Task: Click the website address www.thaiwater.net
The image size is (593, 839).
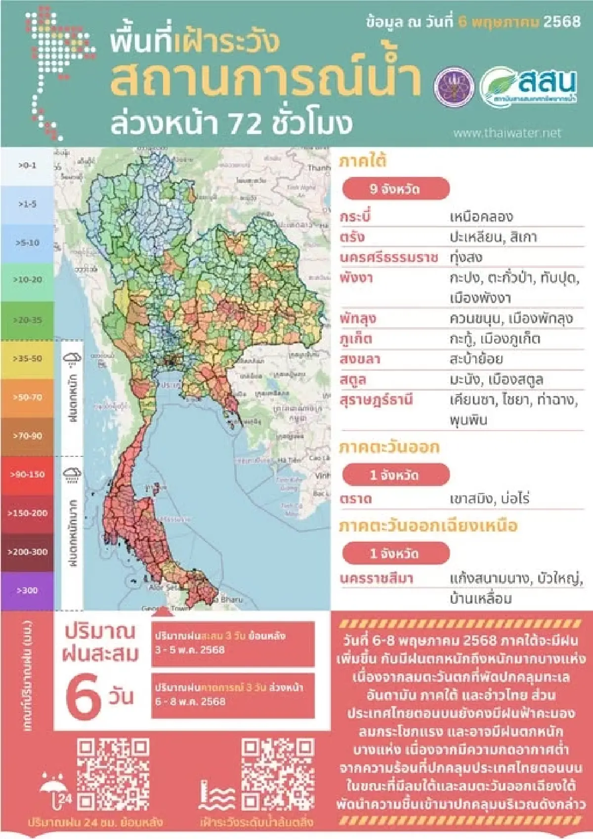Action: point(507,133)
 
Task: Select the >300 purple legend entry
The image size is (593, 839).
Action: point(27,590)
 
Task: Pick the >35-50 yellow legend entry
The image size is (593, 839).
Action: point(27,358)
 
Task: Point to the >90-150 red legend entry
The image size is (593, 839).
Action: point(27,475)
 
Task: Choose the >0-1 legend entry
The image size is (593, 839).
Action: point(27,166)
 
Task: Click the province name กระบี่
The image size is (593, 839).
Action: point(355,217)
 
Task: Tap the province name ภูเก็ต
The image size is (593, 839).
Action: point(356,339)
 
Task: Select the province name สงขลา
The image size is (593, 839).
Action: point(360,359)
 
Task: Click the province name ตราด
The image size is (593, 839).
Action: point(355,499)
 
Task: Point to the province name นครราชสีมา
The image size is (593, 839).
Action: point(377,578)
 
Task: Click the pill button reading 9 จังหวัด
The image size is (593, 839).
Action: point(395,189)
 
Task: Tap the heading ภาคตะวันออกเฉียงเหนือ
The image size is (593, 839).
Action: point(428,526)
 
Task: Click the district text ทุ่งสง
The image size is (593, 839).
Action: point(466,258)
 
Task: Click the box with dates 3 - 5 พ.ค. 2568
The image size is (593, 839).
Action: point(233,643)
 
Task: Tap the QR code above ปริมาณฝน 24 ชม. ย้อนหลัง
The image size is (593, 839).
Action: point(113,774)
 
